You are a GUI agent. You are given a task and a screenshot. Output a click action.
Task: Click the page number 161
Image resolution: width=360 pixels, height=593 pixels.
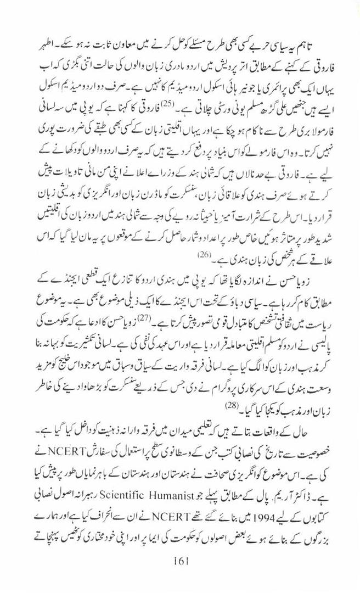pyautogui.click(x=179, y=578)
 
